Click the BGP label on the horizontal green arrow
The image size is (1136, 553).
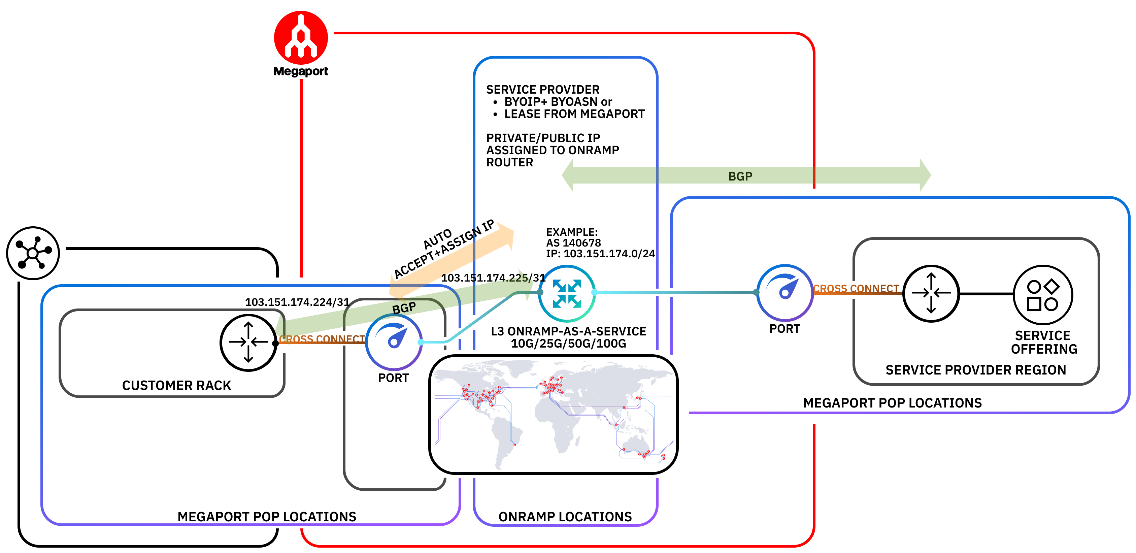tap(740, 176)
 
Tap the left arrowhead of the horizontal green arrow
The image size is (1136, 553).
tap(568, 175)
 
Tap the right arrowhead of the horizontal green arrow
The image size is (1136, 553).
tap(925, 175)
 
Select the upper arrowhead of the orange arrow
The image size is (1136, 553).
tap(505, 234)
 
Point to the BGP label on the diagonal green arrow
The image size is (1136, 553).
tap(403, 308)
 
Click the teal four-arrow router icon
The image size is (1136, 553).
tap(567, 293)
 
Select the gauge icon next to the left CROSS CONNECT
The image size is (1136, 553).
tap(394, 342)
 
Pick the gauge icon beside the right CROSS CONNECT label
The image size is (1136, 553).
tap(785, 292)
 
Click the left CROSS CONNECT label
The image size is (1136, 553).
tap(322, 339)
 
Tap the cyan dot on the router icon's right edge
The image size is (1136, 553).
tap(595, 292)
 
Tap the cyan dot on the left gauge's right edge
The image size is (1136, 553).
tap(421, 342)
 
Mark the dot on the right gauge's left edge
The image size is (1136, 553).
tap(756, 292)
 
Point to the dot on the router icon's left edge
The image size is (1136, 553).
tap(540, 292)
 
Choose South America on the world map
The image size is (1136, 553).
tap(505, 436)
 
